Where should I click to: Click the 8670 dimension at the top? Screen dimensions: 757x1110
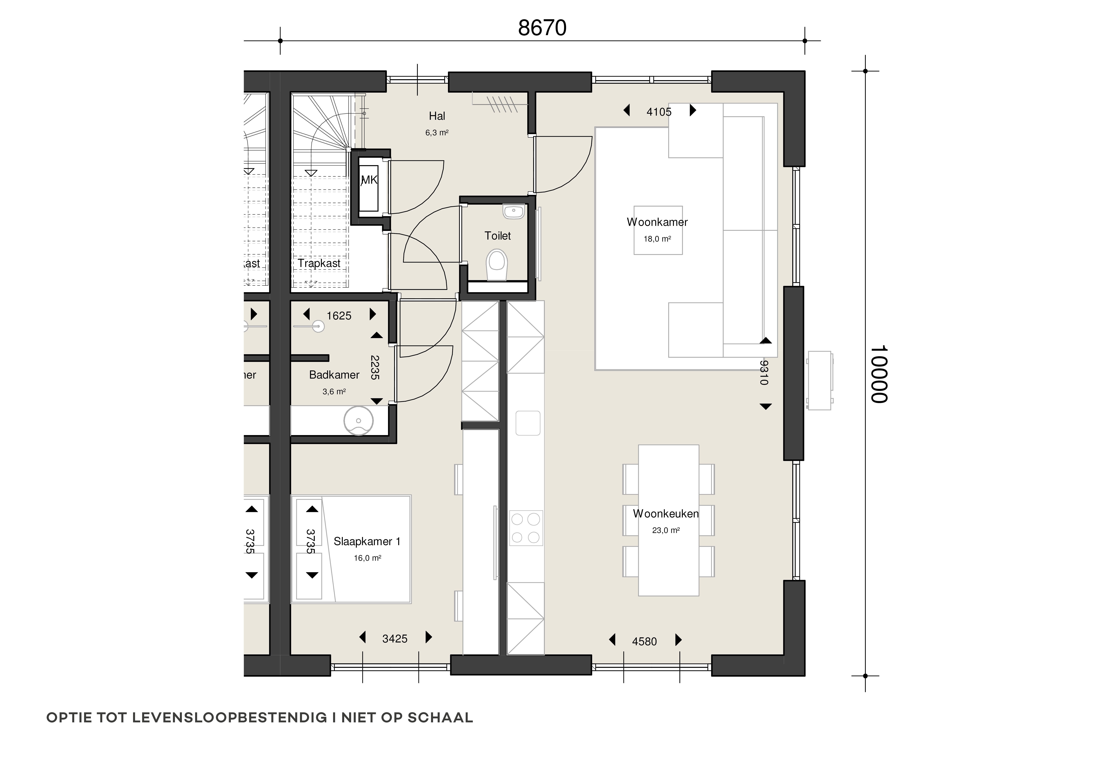point(542,28)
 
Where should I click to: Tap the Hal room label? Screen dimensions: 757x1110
point(437,116)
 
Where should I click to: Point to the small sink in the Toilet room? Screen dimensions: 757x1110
point(514,211)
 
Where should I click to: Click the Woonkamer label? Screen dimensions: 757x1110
point(657,222)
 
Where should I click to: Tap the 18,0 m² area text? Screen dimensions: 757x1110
point(657,239)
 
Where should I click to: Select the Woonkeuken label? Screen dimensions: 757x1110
point(665,514)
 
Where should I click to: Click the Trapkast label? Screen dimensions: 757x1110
point(319,263)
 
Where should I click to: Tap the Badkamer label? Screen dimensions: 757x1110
point(334,375)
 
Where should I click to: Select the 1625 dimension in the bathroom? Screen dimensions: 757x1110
point(339,316)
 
